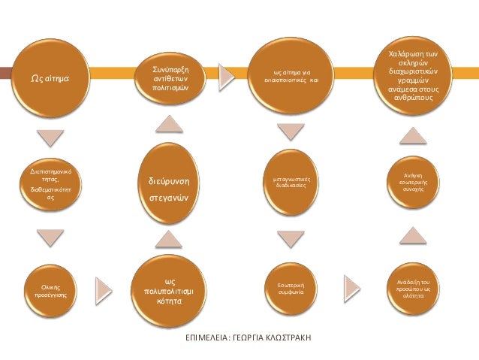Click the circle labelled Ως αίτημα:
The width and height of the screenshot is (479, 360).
(50, 77)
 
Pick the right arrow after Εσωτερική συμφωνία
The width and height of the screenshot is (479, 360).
(350, 286)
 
